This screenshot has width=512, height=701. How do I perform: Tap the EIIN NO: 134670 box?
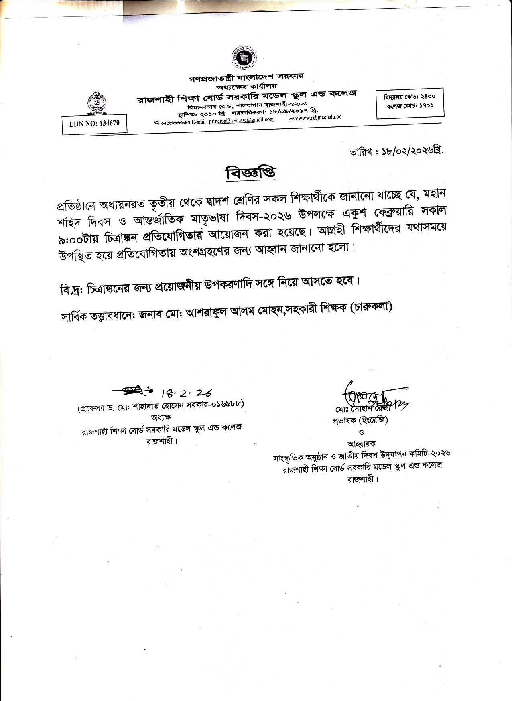point(94,124)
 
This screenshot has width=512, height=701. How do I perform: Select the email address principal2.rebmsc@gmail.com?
point(241,120)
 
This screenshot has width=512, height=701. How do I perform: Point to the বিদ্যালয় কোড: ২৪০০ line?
point(409,97)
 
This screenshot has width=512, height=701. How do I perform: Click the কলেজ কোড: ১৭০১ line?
point(409,106)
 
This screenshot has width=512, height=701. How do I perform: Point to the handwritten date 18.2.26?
point(187,393)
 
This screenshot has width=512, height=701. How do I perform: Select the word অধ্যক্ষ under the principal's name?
point(161,417)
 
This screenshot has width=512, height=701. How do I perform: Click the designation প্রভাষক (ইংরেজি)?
point(360,421)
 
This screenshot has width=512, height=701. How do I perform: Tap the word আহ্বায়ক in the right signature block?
point(361,444)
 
